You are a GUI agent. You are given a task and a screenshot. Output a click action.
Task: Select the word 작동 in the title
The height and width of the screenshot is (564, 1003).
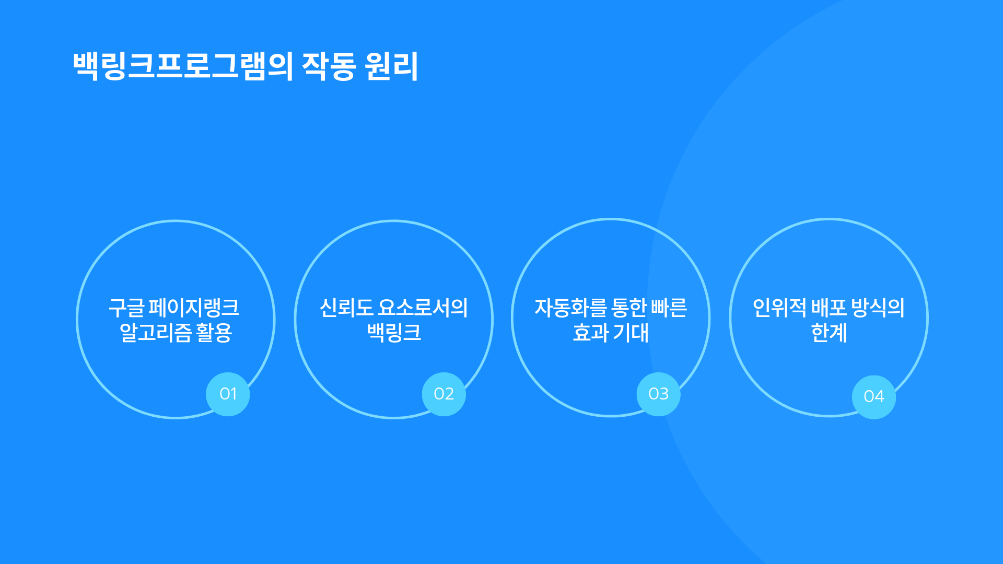(329, 66)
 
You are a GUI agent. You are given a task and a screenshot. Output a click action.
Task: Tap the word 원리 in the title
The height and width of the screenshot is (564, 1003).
(392, 66)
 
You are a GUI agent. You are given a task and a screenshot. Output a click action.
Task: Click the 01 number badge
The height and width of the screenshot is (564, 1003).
(228, 394)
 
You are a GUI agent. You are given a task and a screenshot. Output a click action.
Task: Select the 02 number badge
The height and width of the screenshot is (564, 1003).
(444, 394)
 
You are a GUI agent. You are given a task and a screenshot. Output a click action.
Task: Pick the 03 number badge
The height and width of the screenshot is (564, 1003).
(659, 394)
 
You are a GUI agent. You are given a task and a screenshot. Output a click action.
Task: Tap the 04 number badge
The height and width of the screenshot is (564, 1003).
(874, 397)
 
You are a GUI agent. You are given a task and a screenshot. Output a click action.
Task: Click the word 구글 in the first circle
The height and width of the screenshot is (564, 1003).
(126, 308)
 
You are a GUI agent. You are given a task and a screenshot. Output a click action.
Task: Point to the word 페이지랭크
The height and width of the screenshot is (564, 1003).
(194, 308)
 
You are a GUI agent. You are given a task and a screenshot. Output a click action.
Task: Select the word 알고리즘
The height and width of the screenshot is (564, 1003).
(156, 333)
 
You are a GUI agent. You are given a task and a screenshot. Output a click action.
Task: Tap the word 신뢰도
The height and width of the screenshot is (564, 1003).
(346, 308)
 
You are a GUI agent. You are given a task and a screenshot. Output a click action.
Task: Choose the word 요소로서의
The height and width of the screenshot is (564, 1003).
(423, 308)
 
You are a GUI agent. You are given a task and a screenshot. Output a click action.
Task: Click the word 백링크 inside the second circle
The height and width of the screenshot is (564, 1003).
(394, 333)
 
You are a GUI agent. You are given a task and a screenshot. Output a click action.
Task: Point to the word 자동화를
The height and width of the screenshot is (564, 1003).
(570, 308)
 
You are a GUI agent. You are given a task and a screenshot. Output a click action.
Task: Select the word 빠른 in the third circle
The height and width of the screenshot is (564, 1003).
(669, 308)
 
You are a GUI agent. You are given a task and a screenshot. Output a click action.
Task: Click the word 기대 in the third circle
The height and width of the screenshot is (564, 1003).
(631, 333)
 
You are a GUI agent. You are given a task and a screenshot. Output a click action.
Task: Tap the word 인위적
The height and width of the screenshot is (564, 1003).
(779, 308)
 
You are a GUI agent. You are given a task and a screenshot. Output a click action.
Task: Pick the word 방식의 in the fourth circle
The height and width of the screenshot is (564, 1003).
(878, 308)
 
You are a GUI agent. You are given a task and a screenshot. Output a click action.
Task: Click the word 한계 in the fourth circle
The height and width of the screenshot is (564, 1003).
(829, 333)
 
